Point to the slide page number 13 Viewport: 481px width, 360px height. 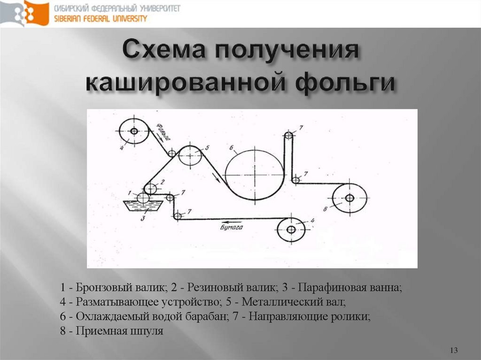tap(454, 351)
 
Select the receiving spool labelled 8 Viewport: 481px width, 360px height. tap(349, 198)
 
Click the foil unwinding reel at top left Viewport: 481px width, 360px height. tap(134, 131)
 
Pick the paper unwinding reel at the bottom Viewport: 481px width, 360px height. tap(291, 230)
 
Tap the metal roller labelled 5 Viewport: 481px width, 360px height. tap(190, 155)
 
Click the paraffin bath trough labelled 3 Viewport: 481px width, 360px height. tap(142, 206)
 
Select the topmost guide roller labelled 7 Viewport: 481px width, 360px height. tap(288, 136)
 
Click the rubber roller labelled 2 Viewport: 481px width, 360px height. tap(150, 189)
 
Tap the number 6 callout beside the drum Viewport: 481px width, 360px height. tap(232, 148)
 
